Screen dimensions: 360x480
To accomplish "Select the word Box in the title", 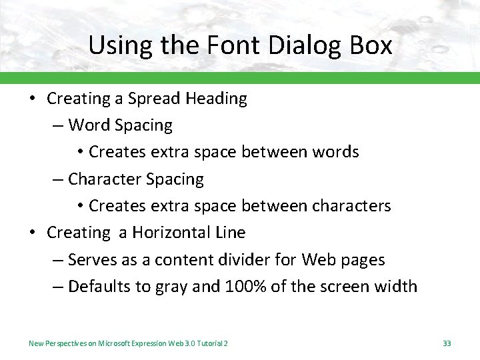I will point(369,45).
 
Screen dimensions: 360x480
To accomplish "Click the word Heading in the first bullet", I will point(217,99).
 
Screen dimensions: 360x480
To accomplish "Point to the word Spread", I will point(154,99).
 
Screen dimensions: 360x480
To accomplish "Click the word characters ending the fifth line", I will point(353,206).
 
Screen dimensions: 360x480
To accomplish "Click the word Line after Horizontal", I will point(231,233).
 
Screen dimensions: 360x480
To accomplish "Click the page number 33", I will point(447,343).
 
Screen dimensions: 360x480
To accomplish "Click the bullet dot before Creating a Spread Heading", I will point(32,99).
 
